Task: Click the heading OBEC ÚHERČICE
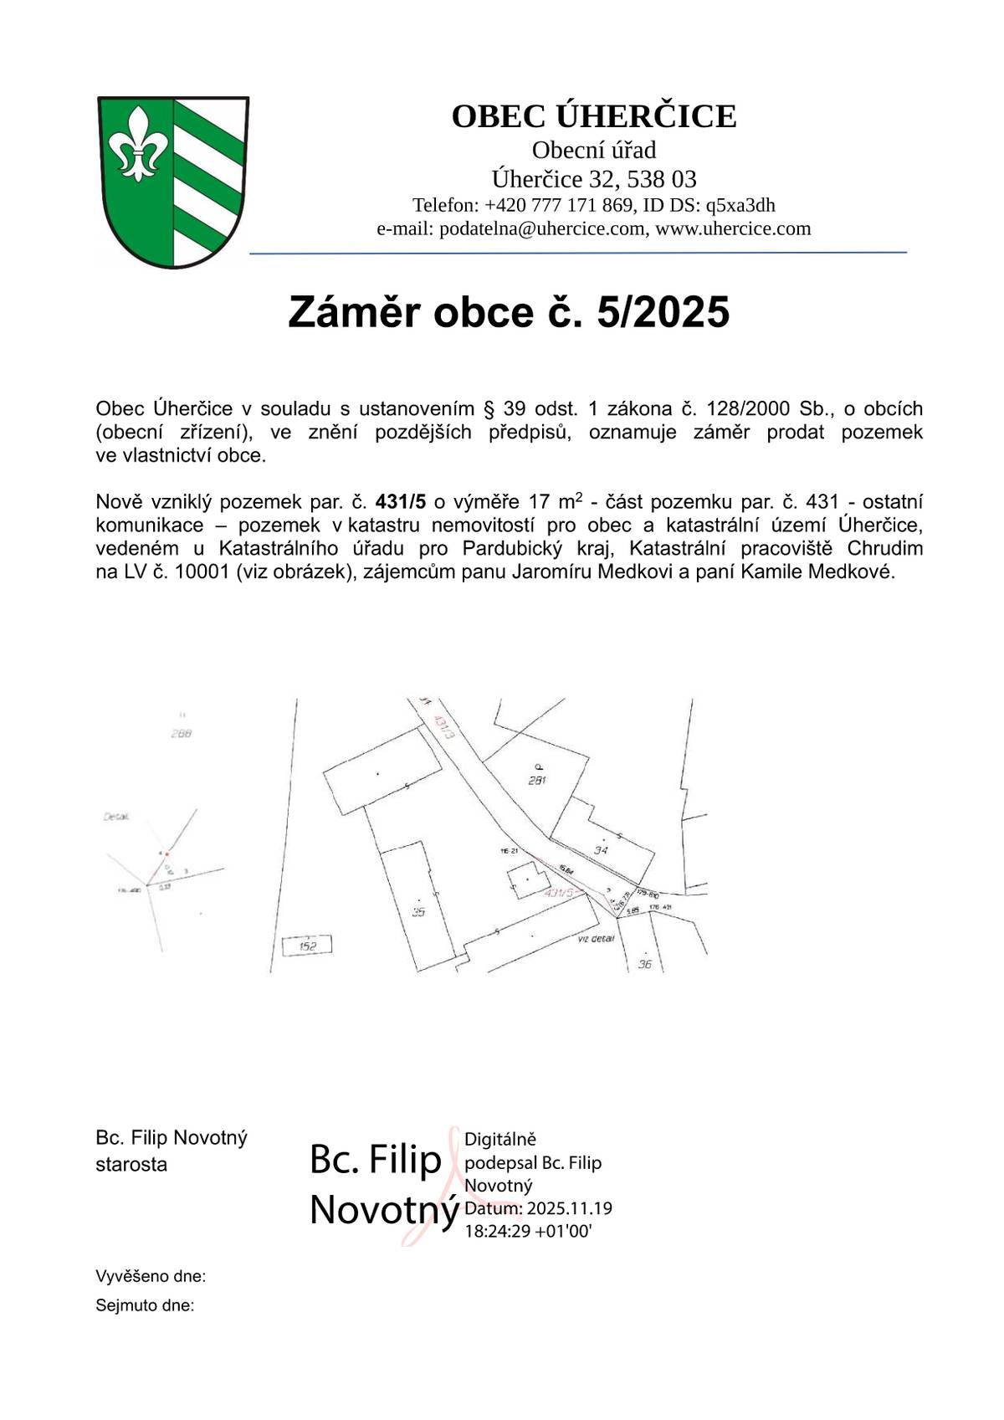[x=594, y=116]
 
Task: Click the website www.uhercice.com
[x=733, y=228]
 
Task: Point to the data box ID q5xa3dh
[x=740, y=205]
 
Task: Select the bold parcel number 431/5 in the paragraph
[x=401, y=502]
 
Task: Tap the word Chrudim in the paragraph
[x=885, y=549]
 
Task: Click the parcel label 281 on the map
[x=537, y=780]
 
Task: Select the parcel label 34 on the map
[x=600, y=850]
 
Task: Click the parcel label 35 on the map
[x=419, y=911]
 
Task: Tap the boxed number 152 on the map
[x=308, y=946]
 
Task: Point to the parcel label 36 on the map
[x=644, y=964]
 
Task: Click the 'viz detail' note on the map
[x=596, y=939]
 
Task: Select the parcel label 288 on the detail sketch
[x=181, y=734]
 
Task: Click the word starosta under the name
[x=131, y=1164]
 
